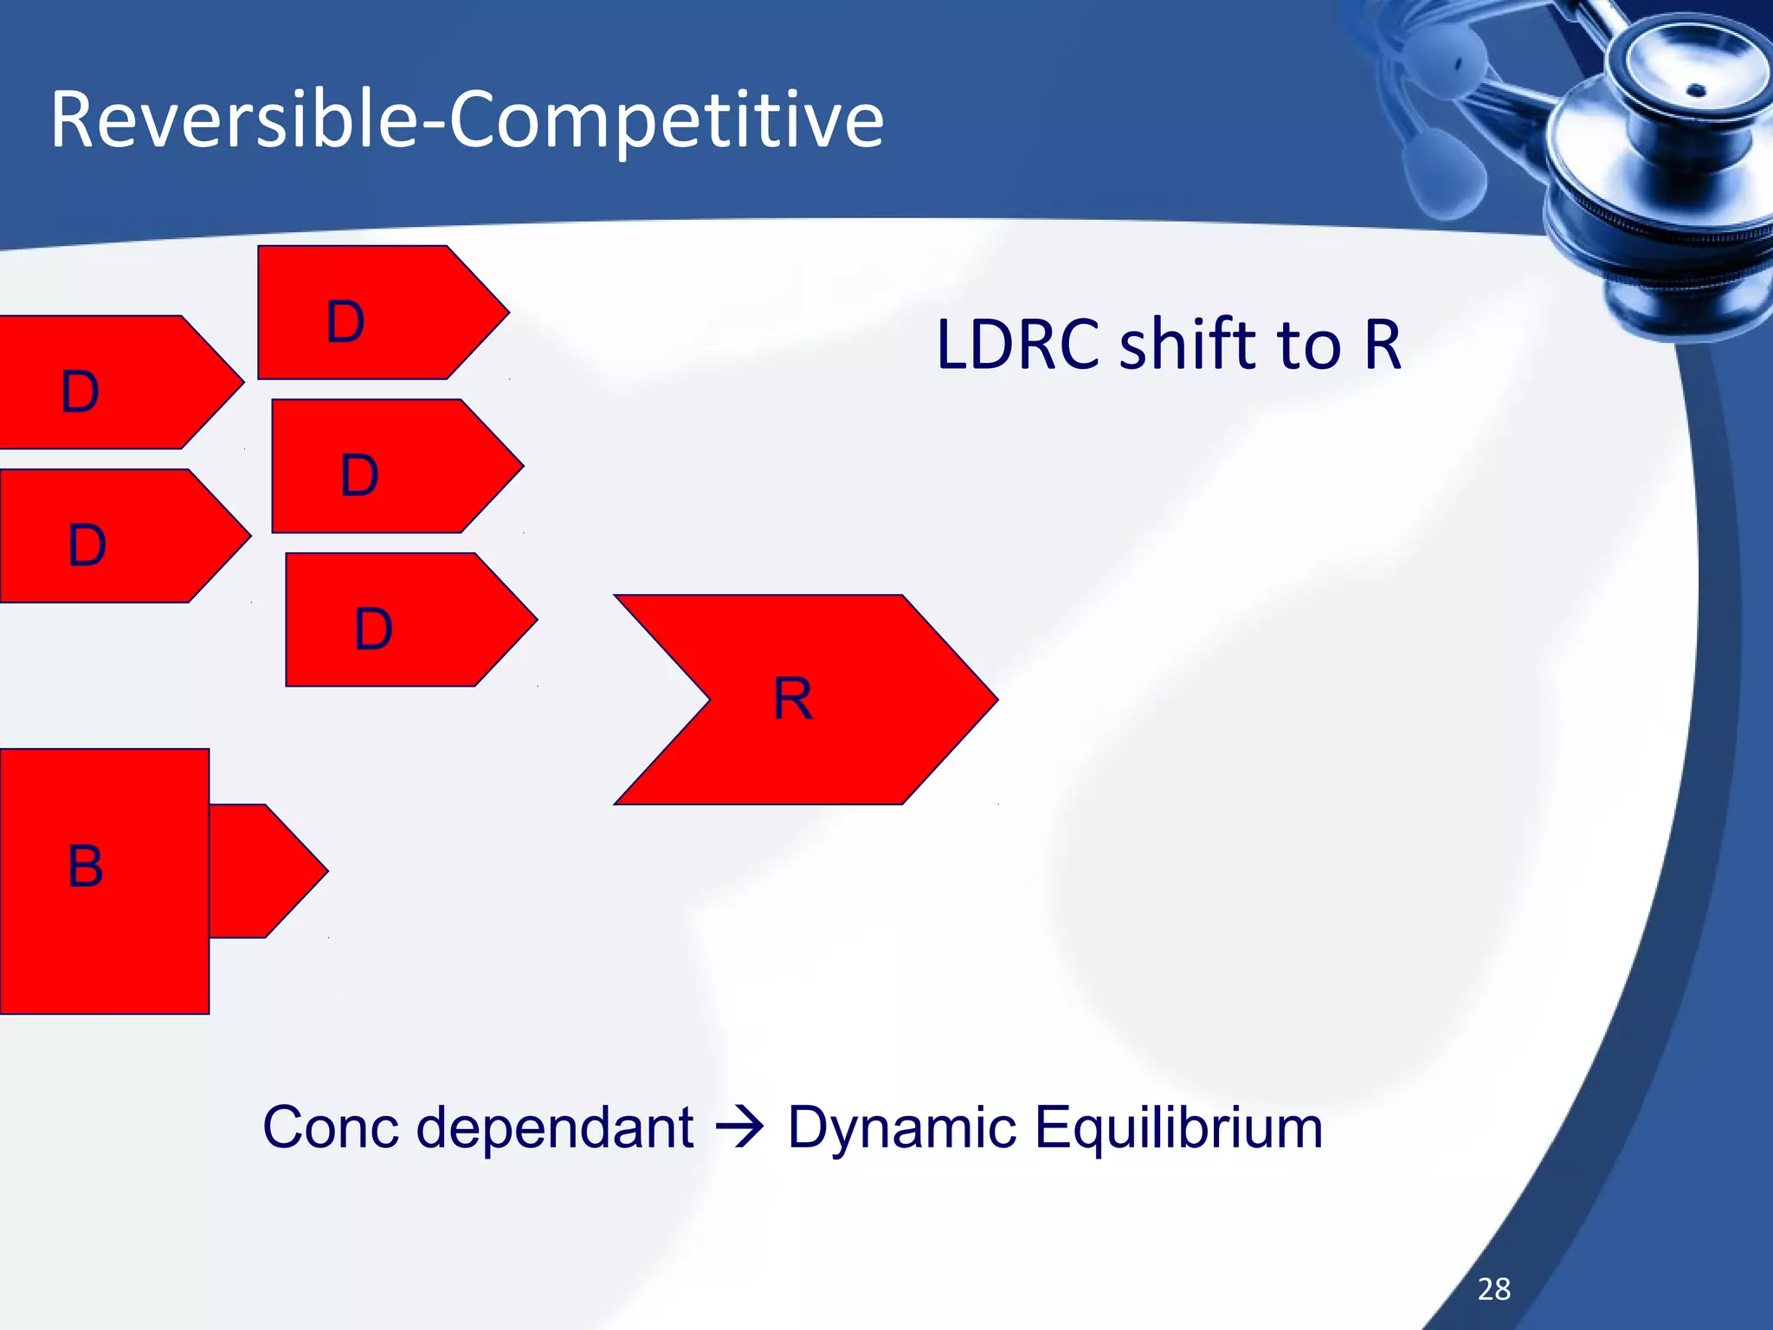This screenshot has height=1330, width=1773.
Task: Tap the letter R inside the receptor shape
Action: (x=793, y=699)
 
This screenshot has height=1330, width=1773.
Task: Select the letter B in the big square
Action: (x=86, y=866)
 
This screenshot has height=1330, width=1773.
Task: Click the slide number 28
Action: (x=1494, y=1289)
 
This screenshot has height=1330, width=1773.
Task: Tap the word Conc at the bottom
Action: (x=332, y=1127)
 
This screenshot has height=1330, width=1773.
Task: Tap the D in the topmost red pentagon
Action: (x=345, y=322)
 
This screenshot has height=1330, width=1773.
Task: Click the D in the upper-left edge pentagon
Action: (x=81, y=391)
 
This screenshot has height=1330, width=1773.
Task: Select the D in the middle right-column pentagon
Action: (x=359, y=475)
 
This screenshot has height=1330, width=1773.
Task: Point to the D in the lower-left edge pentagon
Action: (x=87, y=546)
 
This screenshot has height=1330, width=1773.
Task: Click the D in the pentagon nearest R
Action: (x=374, y=629)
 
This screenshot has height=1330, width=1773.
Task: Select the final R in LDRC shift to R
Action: (x=1383, y=345)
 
